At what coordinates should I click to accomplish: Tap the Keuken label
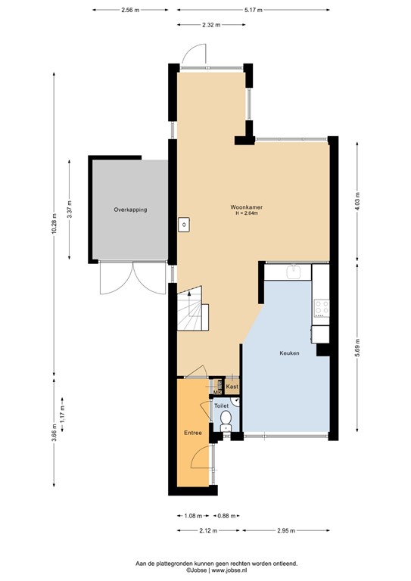point(289,353)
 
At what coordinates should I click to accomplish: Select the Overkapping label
point(130,209)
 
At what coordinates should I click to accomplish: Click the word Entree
point(193,433)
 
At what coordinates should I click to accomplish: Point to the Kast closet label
point(232,387)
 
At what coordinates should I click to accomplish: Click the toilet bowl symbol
point(225,428)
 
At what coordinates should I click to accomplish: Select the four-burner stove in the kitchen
point(322,307)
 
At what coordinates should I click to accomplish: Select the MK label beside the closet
point(216,392)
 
